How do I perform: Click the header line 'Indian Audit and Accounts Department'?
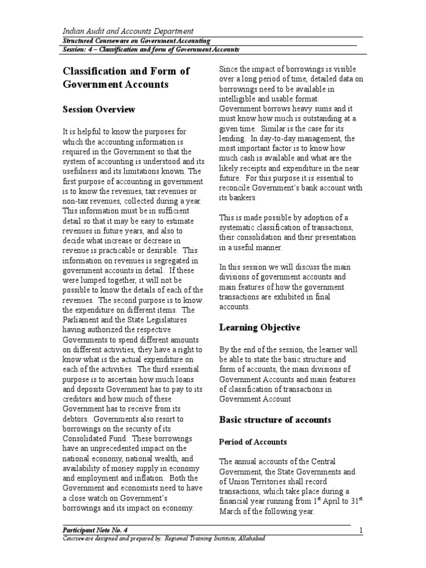(x=127, y=31)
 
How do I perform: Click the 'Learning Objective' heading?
(x=260, y=327)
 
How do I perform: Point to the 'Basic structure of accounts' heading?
(x=275, y=419)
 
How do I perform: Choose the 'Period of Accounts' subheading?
(x=253, y=442)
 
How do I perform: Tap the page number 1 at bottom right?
(x=361, y=531)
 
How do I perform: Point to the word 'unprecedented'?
(x=121, y=448)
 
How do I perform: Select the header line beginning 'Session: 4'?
(x=150, y=49)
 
